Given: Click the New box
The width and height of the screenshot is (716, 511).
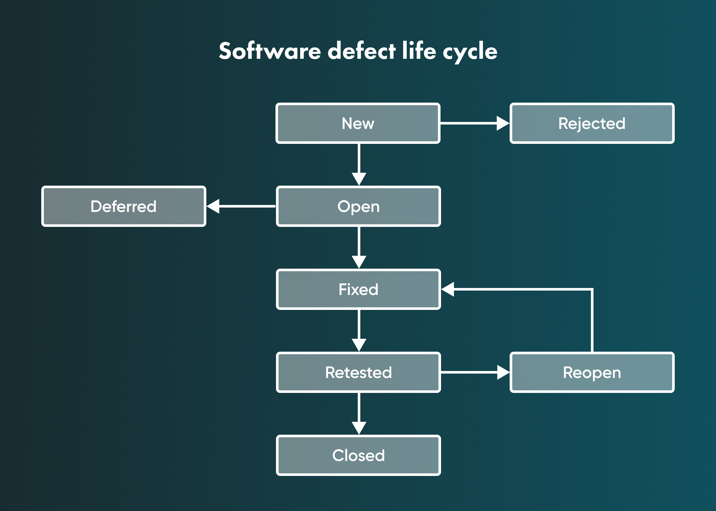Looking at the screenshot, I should pyautogui.click(x=358, y=123).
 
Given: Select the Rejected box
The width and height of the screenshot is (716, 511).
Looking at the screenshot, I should pyautogui.click(x=592, y=123).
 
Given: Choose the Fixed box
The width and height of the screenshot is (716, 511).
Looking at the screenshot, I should pyautogui.click(x=358, y=289).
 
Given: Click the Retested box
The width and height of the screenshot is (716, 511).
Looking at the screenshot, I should pyautogui.click(x=358, y=372).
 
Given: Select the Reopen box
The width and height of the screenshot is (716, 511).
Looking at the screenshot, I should pyautogui.click(x=592, y=372).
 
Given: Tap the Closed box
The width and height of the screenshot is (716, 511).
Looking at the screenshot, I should pyautogui.click(x=358, y=455).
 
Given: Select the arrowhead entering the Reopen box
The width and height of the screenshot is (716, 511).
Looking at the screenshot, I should pyautogui.click(x=503, y=372).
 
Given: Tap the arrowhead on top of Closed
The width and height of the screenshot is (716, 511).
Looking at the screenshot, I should pyautogui.click(x=359, y=428).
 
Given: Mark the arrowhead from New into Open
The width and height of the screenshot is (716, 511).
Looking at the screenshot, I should pyautogui.click(x=359, y=178).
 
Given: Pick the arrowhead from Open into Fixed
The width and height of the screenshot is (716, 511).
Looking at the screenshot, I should pyautogui.click(x=359, y=261).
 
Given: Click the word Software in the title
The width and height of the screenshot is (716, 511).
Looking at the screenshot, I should pyautogui.click(x=270, y=51).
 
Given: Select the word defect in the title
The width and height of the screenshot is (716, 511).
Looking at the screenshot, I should pyautogui.click(x=361, y=51).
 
